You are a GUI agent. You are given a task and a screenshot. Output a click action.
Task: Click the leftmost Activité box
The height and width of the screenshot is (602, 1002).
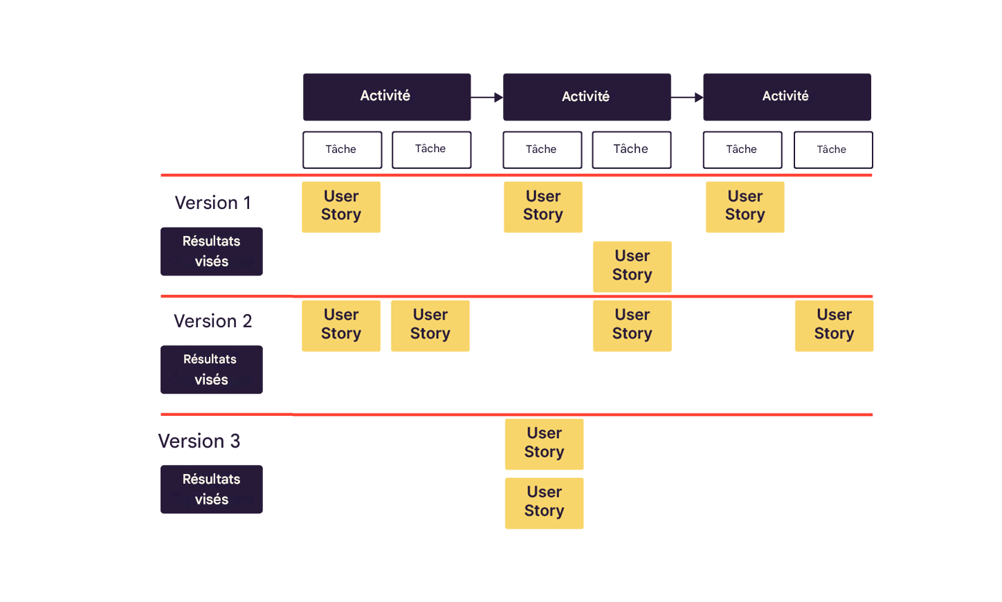tap(386, 97)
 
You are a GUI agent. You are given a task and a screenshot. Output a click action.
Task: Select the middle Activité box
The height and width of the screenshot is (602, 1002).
tap(586, 97)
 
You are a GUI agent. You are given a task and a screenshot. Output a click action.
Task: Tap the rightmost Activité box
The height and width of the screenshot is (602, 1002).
tap(787, 97)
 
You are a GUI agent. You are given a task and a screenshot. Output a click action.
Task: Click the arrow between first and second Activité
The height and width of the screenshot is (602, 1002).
tap(487, 98)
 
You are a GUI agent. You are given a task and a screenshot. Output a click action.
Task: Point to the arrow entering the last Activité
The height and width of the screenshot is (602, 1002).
tap(687, 98)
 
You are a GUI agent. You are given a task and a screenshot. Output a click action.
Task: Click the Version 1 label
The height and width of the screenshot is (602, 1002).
tap(212, 203)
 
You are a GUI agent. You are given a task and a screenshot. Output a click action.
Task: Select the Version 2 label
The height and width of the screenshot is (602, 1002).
tap(212, 321)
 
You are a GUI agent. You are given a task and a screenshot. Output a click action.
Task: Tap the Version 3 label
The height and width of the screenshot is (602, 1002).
tap(199, 441)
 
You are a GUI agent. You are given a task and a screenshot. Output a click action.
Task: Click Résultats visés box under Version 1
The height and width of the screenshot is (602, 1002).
tap(211, 251)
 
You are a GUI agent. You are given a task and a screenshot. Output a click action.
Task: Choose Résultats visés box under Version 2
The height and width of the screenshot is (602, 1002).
tap(211, 370)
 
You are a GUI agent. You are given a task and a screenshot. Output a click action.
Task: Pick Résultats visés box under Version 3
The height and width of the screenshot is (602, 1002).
tap(211, 489)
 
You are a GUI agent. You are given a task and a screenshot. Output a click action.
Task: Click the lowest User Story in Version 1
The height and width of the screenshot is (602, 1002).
tap(632, 266)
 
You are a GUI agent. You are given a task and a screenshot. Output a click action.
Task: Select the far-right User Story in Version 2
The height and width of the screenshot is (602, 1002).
tap(834, 325)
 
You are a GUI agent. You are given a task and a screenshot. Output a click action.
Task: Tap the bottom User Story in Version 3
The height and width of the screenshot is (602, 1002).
tap(544, 503)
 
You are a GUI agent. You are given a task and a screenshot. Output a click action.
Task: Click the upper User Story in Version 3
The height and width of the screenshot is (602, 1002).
tap(544, 444)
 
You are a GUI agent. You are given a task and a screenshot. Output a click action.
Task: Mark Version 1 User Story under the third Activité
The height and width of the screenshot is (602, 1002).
tap(745, 206)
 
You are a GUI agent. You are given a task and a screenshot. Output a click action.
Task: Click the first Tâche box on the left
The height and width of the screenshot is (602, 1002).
tap(342, 149)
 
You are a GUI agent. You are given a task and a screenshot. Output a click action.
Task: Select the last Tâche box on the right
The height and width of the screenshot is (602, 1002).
tap(832, 149)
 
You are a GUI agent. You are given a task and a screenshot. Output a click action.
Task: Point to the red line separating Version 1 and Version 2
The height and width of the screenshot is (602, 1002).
tap(516, 296)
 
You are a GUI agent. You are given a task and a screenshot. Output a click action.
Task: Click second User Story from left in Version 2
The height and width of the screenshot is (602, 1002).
tap(430, 325)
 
